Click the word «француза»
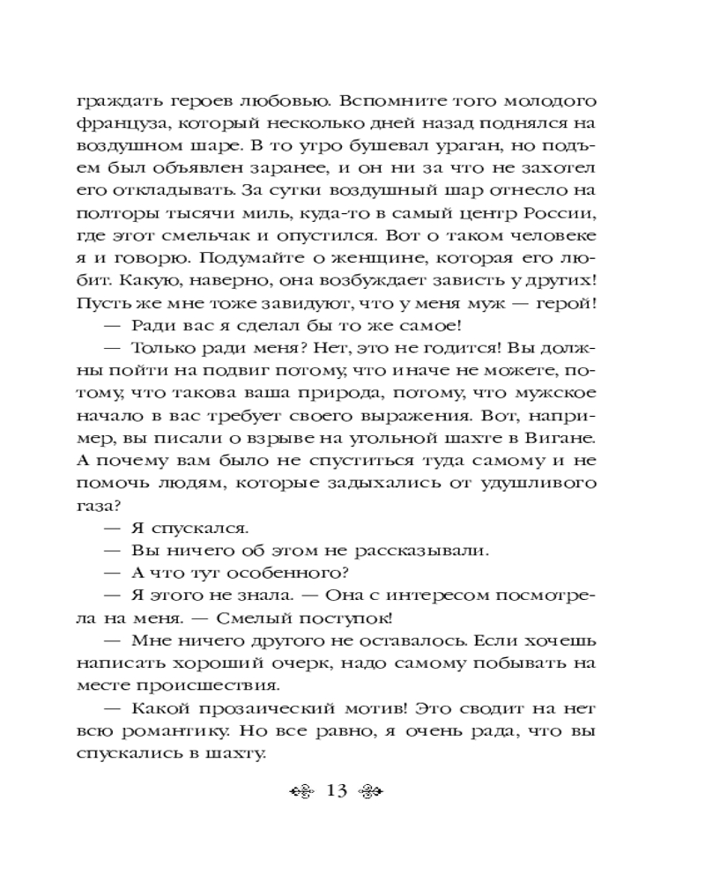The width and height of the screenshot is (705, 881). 116,118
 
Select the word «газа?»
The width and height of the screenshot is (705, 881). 107,507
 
